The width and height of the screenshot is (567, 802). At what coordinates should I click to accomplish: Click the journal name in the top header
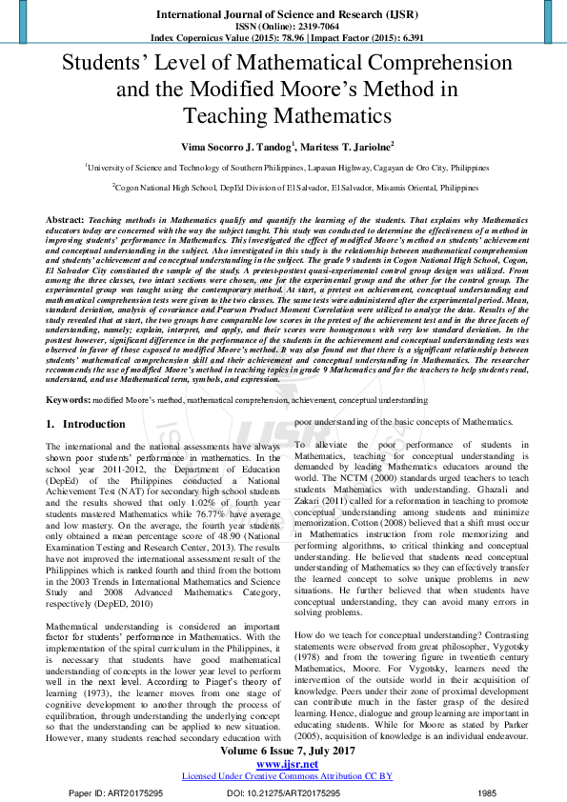(x=283, y=15)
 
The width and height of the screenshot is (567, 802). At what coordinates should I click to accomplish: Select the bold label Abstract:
(x=65, y=220)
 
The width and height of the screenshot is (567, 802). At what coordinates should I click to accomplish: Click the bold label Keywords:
(x=68, y=401)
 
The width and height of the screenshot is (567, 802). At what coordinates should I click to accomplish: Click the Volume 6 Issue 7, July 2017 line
(x=283, y=750)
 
